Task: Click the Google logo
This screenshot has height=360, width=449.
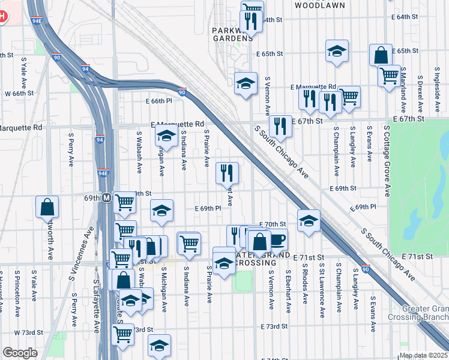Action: click(x=20, y=353)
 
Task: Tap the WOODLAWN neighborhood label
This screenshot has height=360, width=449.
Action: click(x=319, y=5)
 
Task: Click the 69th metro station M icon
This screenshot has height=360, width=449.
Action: click(x=106, y=197)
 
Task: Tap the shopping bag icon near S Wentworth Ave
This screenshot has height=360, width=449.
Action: click(x=47, y=208)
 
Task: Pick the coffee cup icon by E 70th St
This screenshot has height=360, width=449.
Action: click(x=276, y=240)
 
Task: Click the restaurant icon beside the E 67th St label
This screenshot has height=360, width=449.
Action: click(x=280, y=127)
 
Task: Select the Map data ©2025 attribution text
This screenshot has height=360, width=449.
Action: click(x=423, y=355)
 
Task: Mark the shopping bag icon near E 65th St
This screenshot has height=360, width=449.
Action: click(x=381, y=55)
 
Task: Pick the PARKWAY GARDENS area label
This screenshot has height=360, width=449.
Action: click(x=232, y=34)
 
